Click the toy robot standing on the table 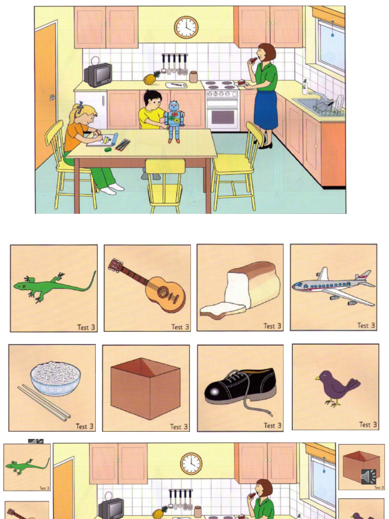(174, 121)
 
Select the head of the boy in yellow (152, 100)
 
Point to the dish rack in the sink (328, 107)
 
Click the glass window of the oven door (222, 116)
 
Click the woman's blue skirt (265, 109)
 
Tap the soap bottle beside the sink (305, 87)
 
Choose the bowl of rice (55, 378)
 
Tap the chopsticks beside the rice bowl (44, 403)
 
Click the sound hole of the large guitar (163, 291)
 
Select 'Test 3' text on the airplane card (366, 325)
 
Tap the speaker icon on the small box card (368, 476)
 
